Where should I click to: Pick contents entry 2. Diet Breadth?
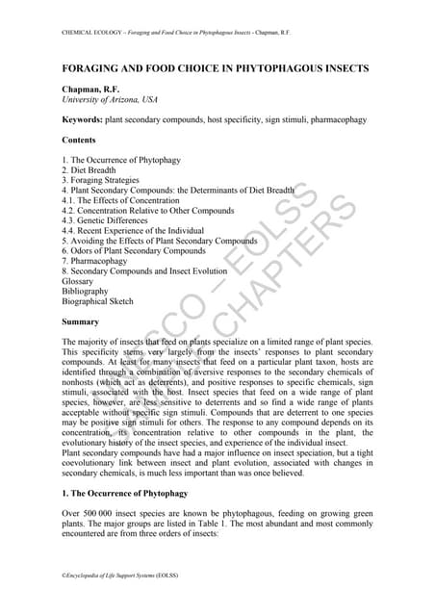93,169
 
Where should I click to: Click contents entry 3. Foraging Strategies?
100,180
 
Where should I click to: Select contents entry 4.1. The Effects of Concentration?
120,200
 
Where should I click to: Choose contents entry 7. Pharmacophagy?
93,261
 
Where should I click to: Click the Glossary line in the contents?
77,281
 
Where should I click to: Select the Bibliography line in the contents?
85,291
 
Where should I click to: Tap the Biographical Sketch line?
97,301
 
